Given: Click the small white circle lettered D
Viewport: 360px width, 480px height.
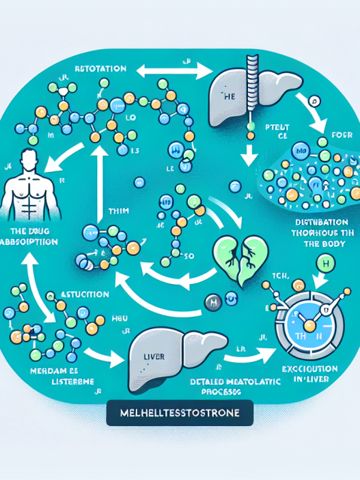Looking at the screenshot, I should pyautogui.click(x=315, y=103).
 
